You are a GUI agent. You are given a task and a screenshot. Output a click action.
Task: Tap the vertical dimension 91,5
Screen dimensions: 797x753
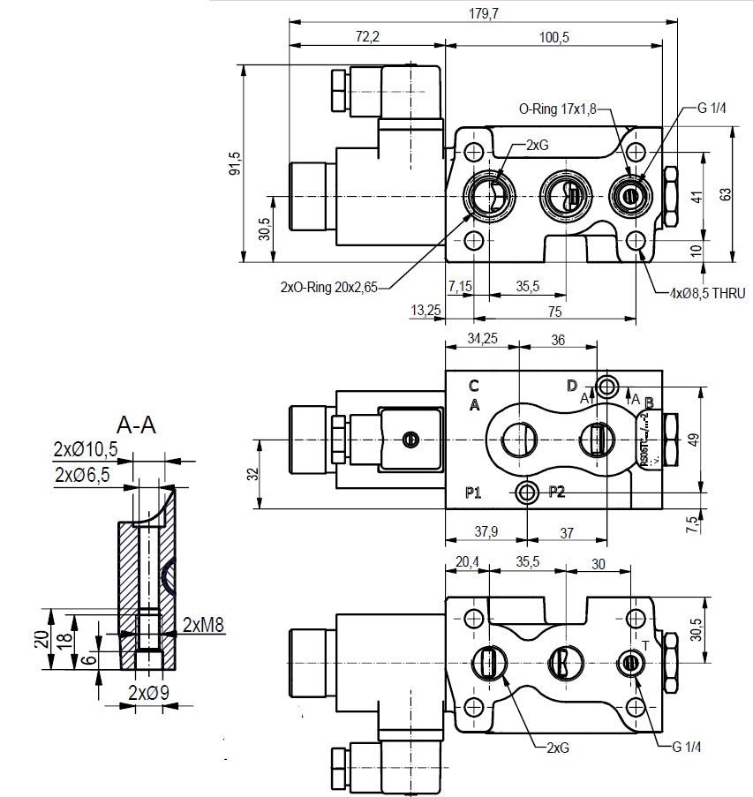[236, 162]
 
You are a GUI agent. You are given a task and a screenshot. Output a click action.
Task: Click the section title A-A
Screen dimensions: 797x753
[137, 425]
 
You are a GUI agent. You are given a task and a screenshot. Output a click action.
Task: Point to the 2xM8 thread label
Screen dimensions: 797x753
[204, 626]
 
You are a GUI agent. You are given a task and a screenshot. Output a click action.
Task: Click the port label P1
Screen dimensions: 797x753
[473, 492]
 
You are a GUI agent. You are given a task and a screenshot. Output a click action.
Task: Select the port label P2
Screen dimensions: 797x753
[556, 492]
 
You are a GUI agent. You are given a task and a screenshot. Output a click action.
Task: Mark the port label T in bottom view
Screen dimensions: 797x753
[645, 646]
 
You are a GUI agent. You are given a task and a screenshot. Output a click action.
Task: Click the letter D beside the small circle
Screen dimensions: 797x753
[572, 385]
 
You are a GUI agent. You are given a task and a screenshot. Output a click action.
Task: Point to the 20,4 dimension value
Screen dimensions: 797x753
[467, 561]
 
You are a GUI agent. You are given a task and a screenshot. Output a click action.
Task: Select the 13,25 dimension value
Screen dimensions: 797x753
[425, 309]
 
